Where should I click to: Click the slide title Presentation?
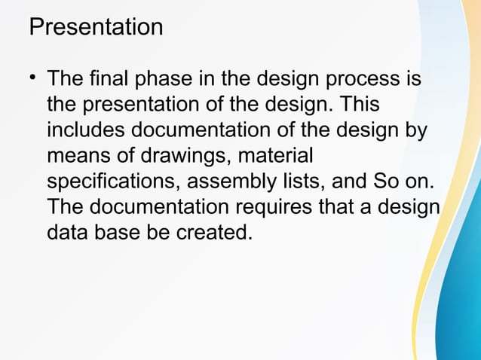pyautogui.click(x=96, y=27)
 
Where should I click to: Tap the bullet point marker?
pyautogui.click(x=33, y=78)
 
